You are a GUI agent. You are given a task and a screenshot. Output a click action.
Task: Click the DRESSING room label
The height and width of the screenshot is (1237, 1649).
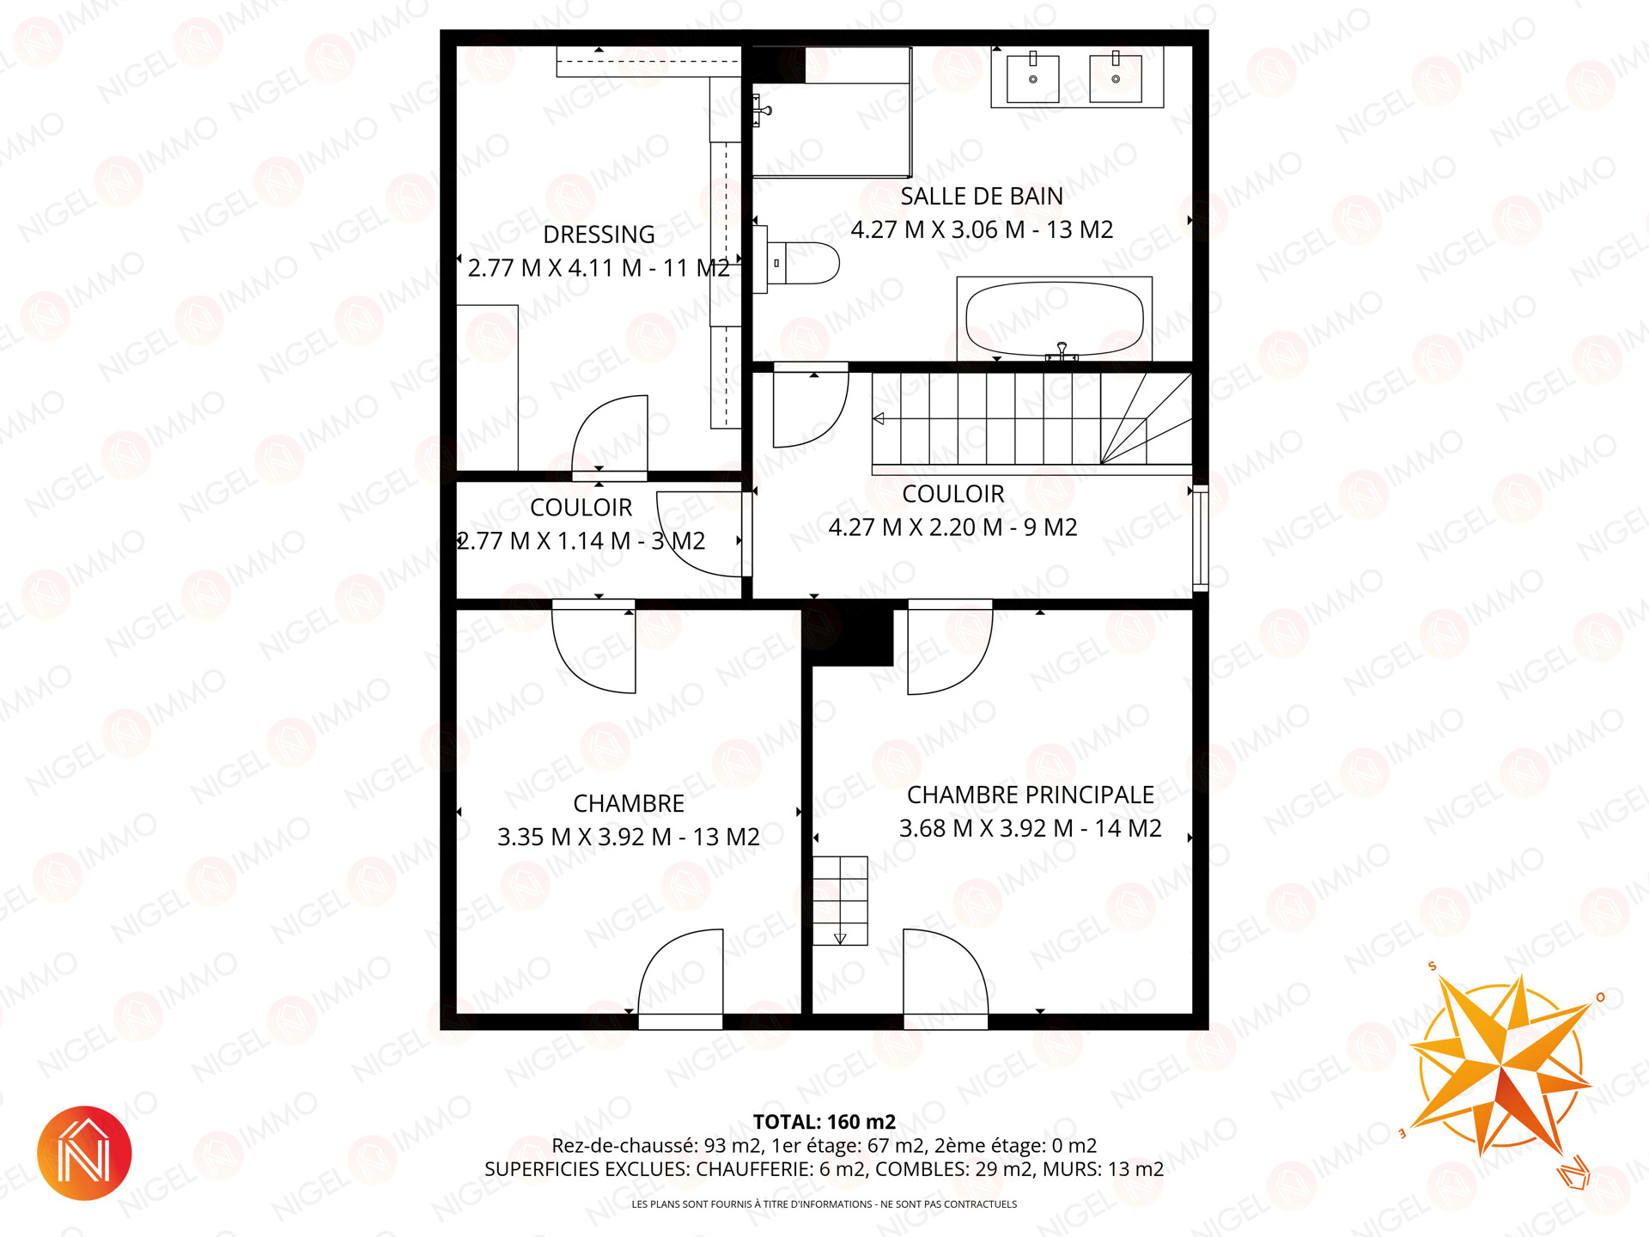(x=599, y=235)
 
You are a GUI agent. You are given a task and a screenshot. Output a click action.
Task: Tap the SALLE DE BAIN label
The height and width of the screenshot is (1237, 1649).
(x=982, y=197)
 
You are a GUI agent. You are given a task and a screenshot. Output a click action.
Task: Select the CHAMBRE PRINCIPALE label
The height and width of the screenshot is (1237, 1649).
(x=1031, y=795)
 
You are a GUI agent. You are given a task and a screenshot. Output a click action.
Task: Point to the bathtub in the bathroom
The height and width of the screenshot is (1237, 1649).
(x=1054, y=319)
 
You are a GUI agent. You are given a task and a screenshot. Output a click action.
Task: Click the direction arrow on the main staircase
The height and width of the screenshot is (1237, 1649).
(x=879, y=419)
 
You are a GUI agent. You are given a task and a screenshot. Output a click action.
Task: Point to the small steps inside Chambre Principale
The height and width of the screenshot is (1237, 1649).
(x=840, y=900)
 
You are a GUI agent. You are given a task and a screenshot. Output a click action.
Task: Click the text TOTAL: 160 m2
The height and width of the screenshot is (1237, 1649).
(x=824, y=1122)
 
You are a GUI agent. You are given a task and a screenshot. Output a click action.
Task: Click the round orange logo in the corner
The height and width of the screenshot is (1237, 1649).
(x=84, y=1153)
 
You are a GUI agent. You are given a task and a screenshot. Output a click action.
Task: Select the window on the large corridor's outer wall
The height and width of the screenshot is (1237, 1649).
(x=1201, y=538)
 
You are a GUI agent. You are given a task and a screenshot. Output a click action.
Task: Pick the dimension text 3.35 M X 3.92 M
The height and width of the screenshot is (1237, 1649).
(x=584, y=838)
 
